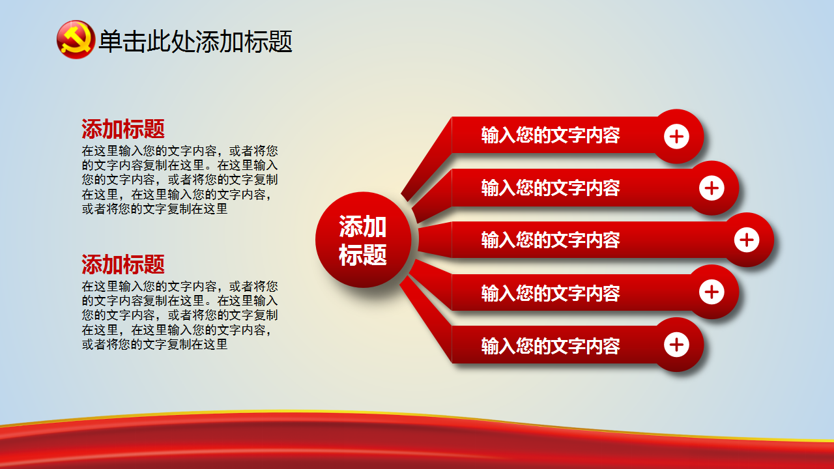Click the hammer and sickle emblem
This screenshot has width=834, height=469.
point(76,40)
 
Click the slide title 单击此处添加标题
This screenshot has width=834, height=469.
point(195,41)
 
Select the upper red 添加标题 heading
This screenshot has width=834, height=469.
point(123,129)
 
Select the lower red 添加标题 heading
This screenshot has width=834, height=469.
point(123,264)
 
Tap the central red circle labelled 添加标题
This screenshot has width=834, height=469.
point(363,240)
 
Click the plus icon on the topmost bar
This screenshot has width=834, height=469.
point(676,136)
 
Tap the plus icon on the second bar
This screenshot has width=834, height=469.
point(712,188)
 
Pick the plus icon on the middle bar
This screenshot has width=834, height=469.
point(747,240)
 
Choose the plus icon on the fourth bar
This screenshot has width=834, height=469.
point(712,292)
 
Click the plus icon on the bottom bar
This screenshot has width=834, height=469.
point(676,345)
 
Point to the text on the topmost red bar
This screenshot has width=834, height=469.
point(551,135)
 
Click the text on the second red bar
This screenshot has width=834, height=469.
point(551,188)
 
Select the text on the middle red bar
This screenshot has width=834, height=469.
point(551,240)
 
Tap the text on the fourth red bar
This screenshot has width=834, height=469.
point(551,293)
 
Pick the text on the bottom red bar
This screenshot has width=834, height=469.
point(551,346)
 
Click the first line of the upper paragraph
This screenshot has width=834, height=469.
point(180,150)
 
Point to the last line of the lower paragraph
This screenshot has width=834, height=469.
point(154,345)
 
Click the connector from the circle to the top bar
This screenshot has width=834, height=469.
point(427,158)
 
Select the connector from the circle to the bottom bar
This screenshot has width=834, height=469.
point(426,319)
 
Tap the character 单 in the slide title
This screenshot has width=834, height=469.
point(110,41)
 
